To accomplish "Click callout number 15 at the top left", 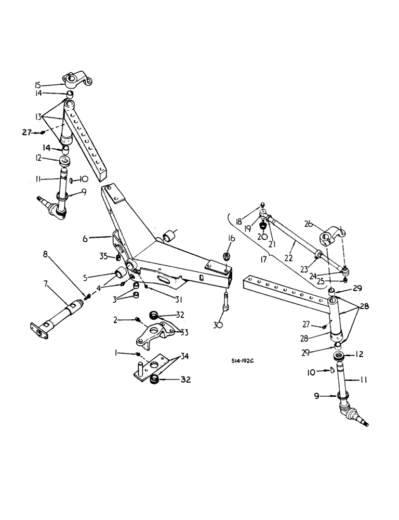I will pos(52,84).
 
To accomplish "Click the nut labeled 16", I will pos(227,256).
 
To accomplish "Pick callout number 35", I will pos(103,256).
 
